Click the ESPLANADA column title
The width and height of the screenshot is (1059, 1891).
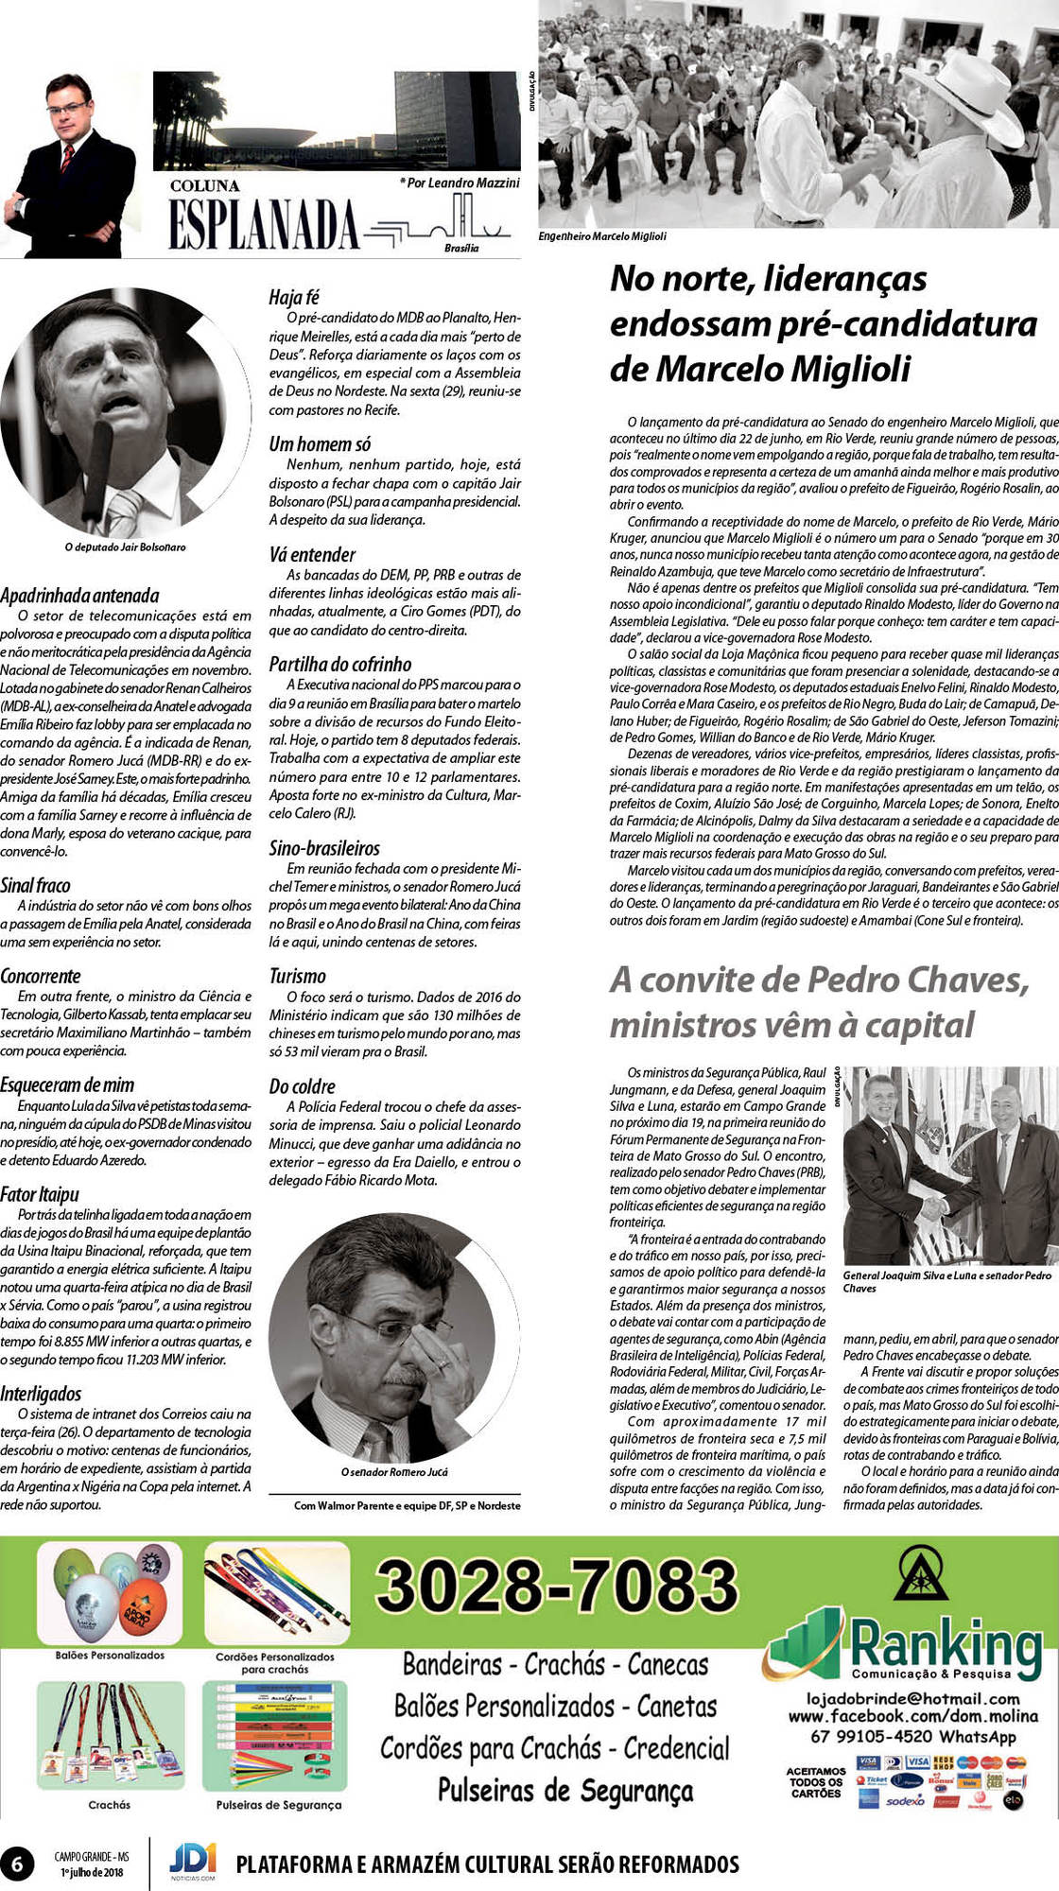click(264, 226)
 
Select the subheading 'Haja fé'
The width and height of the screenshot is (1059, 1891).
click(294, 297)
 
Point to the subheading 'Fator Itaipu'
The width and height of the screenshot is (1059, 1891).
click(40, 1193)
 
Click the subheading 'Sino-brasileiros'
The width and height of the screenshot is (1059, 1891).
click(324, 848)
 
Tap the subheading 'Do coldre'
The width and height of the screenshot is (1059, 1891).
click(302, 1086)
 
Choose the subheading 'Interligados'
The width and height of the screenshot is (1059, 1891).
click(41, 1394)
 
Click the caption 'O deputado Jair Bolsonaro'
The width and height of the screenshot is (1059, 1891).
click(125, 547)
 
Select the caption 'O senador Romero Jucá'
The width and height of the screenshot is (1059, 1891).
click(394, 1472)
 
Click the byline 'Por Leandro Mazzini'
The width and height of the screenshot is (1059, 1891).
click(460, 182)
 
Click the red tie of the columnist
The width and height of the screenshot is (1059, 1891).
click(67, 157)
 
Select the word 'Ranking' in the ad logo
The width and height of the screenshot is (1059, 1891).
click(945, 1642)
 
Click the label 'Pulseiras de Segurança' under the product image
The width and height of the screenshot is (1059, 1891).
click(278, 1805)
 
